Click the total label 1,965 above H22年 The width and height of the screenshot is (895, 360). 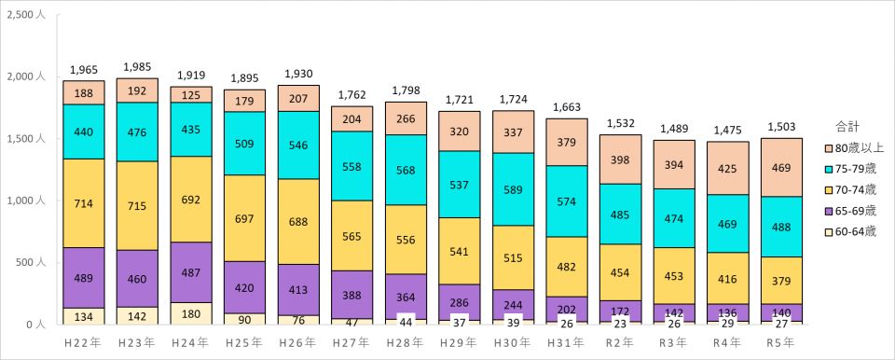click(84, 70)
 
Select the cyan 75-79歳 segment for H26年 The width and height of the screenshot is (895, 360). click(298, 145)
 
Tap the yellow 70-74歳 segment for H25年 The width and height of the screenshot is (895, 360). click(244, 218)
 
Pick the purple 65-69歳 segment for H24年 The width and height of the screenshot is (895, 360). click(191, 272)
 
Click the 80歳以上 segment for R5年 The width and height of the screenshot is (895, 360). click(781, 168)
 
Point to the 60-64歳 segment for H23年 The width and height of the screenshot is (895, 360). click(138, 316)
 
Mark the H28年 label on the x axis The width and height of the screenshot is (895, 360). click(406, 343)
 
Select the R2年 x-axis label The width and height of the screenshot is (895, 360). click(621, 343)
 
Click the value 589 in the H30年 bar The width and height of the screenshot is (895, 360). click(513, 189)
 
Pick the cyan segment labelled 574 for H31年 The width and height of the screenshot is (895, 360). click(567, 201)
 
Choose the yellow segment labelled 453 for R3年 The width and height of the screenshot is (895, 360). click(674, 275)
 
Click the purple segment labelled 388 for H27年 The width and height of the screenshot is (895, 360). click(351, 295)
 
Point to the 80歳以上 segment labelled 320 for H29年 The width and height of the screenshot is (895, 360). click(460, 131)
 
